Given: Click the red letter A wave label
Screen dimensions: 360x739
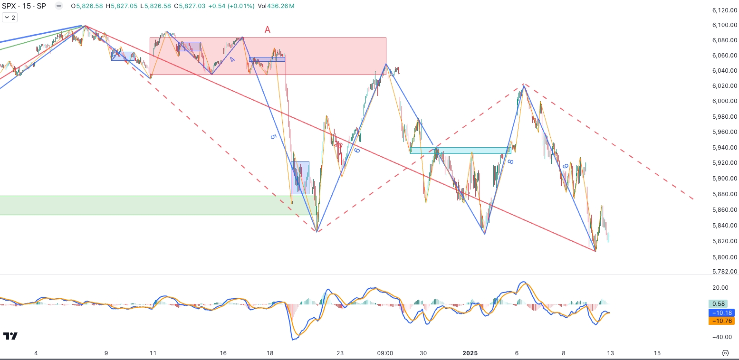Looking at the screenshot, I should pos(268,30).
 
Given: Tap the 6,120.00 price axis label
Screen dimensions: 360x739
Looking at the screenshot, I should pos(724,10).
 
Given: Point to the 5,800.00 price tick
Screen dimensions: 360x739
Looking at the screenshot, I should pos(724,257).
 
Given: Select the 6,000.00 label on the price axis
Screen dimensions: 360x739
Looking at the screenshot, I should pos(724,101).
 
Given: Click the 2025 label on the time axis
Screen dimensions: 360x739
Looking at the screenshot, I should pos(470,353).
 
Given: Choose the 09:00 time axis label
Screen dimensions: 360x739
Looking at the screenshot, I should pos(385,353).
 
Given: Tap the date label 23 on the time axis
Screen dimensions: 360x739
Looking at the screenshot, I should pos(340,353).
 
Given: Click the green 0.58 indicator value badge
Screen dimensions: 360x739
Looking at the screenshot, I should pos(721,304).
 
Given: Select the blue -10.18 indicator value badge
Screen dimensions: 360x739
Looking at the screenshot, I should pos(721,313).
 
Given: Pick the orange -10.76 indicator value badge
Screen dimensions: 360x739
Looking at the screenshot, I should pos(721,321).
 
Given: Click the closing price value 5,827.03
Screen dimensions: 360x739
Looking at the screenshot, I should pos(193,6).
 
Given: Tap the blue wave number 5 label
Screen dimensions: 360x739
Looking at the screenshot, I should pos(273,137).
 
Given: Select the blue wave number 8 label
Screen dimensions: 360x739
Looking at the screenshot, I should pos(510,162).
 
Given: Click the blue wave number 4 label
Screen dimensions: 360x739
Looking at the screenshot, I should pos(232,60).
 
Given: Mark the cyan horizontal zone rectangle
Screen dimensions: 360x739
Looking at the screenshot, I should pos(460,151).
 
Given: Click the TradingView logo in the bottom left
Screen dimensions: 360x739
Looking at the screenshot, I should pos(10,336).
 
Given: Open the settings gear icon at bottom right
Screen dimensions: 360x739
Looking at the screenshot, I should pos(725,353).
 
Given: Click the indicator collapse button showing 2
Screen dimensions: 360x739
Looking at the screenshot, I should pos(10,18).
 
